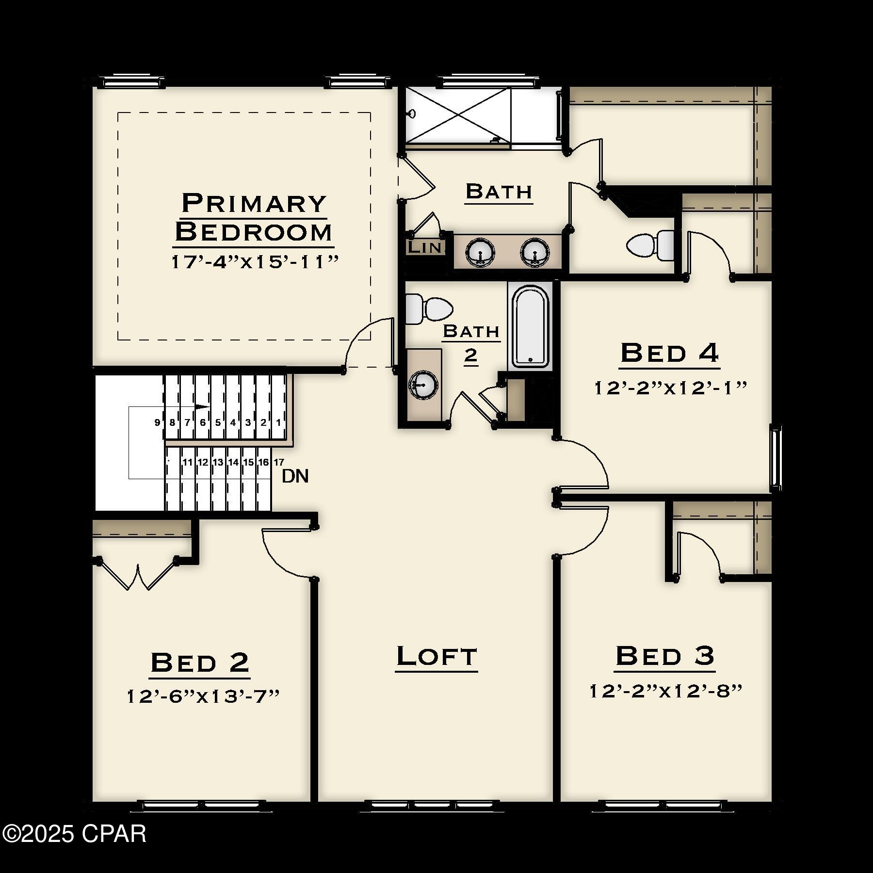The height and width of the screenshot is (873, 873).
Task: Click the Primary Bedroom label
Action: [254, 217]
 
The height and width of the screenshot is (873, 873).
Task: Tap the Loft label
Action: [436, 657]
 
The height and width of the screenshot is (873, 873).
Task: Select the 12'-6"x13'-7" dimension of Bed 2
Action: [203, 696]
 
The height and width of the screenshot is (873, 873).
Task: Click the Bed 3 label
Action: [665, 656]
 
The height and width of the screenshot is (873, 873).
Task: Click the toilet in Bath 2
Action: [429, 309]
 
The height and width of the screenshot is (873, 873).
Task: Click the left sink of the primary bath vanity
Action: [480, 252]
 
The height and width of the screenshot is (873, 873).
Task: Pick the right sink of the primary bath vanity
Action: [535, 252]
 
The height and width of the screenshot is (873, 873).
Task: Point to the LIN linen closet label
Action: [425, 247]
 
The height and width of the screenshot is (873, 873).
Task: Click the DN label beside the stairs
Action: [295, 476]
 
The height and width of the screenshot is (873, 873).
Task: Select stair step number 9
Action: [157, 422]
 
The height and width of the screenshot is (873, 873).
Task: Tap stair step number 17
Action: [279, 462]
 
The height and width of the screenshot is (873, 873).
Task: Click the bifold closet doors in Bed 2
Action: [139, 574]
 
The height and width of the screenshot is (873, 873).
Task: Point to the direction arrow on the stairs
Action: [203, 406]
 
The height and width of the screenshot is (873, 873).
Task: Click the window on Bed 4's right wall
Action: [776, 458]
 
